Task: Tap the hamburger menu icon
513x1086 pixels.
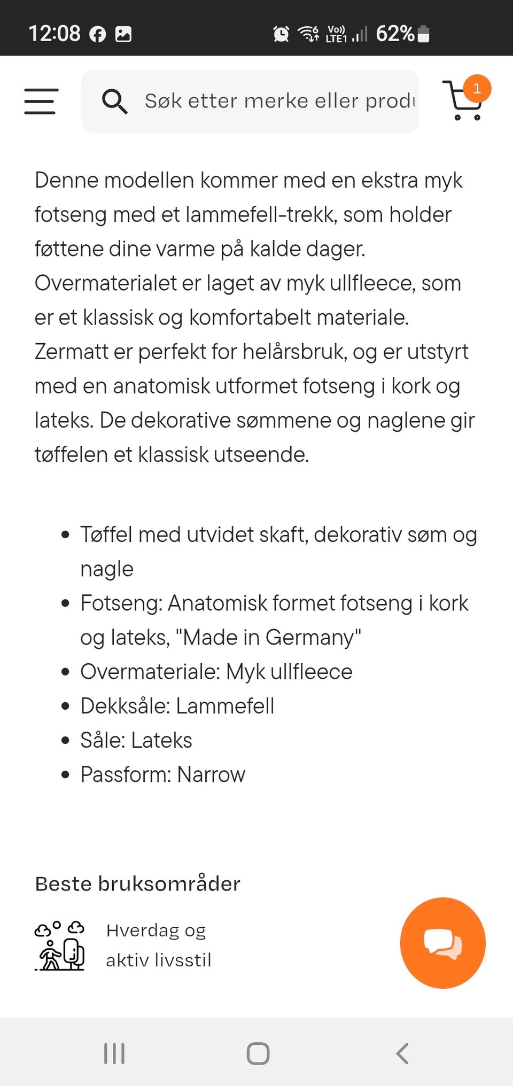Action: pyautogui.click(x=41, y=101)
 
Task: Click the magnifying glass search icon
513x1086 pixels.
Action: pyautogui.click(x=114, y=101)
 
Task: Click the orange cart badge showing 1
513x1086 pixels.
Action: pyautogui.click(x=477, y=89)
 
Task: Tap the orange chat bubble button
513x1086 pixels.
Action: pyautogui.click(x=442, y=943)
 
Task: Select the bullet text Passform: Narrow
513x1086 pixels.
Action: pyautogui.click(x=162, y=774)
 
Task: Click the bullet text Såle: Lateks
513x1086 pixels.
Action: pyautogui.click(x=136, y=740)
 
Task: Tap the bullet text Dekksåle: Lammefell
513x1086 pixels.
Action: pyautogui.click(x=177, y=706)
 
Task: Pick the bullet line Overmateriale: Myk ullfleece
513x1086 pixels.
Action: pyautogui.click(x=216, y=672)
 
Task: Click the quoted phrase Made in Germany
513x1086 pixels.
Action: pyautogui.click(x=268, y=638)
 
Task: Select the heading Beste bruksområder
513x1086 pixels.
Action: pyautogui.click(x=137, y=884)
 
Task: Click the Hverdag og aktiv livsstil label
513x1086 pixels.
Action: pyautogui.click(x=158, y=945)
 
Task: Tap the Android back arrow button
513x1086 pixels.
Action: pyautogui.click(x=402, y=1053)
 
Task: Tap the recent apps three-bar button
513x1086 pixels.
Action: pyautogui.click(x=114, y=1053)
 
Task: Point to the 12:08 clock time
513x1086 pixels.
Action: pyautogui.click(x=54, y=34)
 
